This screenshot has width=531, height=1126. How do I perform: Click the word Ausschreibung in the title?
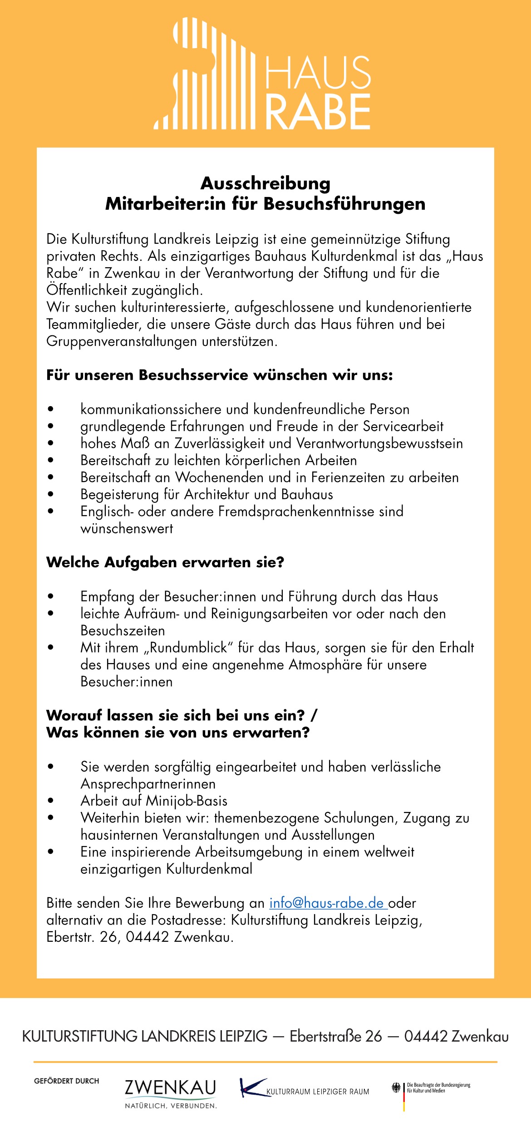pyautogui.click(x=265, y=183)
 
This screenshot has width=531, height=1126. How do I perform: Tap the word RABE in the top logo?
pyautogui.click(x=318, y=112)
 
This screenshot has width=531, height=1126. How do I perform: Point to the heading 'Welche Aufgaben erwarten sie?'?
pyautogui.click(x=165, y=562)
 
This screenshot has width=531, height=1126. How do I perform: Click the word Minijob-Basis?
pyautogui.click(x=187, y=801)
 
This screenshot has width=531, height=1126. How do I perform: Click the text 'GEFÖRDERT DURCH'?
pyautogui.click(x=67, y=1081)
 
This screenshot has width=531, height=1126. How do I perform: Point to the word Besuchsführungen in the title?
pyautogui.click(x=344, y=204)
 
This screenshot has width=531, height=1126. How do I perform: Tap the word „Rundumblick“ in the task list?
pyautogui.click(x=188, y=648)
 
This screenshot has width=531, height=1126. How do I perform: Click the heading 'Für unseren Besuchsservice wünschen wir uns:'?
pyautogui.click(x=220, y=375)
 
